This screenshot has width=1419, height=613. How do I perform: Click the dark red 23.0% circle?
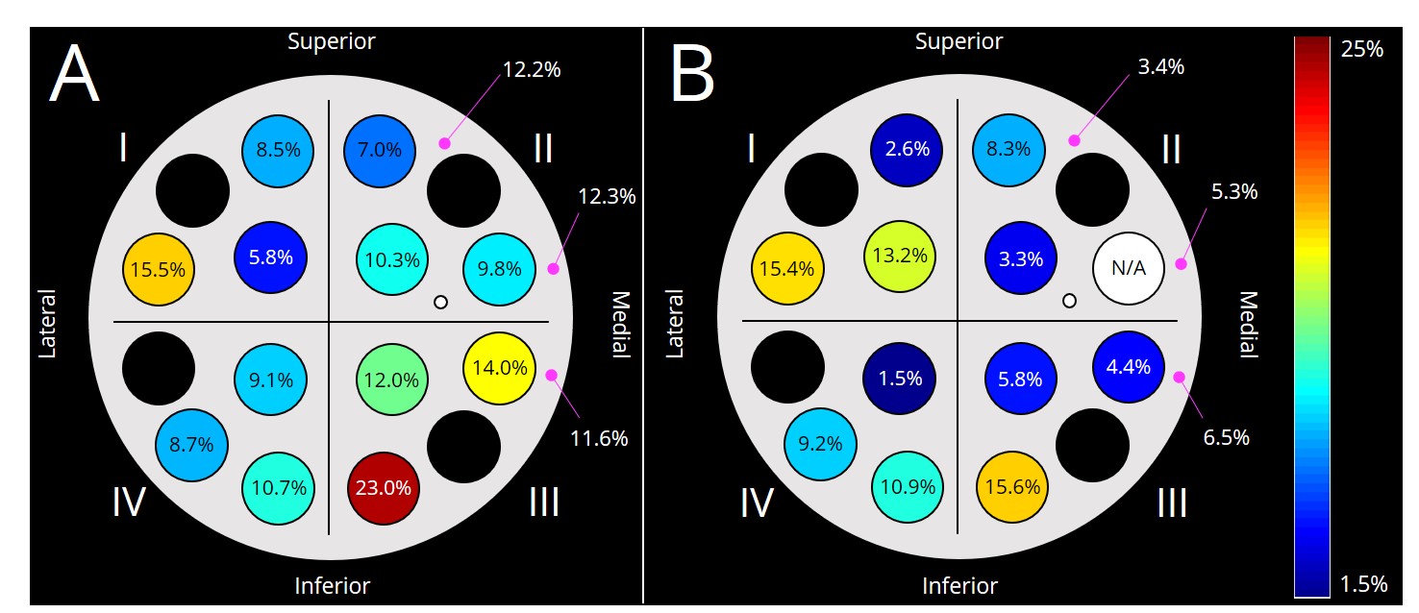pyautogui.click(x=383, y=487)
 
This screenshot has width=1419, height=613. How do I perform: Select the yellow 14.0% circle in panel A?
pyautogui.click(x=500, y=366)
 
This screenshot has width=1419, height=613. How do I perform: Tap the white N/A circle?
pyautogui.click(x=1129, y=268)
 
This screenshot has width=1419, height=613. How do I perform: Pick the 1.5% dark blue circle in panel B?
pyautogui.click(x=899, y=378)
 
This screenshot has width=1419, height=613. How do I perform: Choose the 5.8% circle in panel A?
pyautogui.click(x=270, y=257)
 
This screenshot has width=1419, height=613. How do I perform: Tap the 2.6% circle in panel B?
pyautogui.click(x=907, y=149)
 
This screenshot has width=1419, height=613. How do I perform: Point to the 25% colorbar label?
pyautogui.click(x=1361, y=49)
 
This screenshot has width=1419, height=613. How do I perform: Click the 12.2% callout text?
pyautogui.click(x=532, y=69)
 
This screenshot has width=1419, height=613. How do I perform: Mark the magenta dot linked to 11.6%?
pyautogui.click(x=551, y=375)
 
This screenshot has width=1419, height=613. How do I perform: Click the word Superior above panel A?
pyautogui.click(x=332, y=41)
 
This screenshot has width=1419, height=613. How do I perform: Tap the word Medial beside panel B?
pyautogui.click(x=1249, y=324)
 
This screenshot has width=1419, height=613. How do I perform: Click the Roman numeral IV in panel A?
pyautogui.click(x=129, y=503)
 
